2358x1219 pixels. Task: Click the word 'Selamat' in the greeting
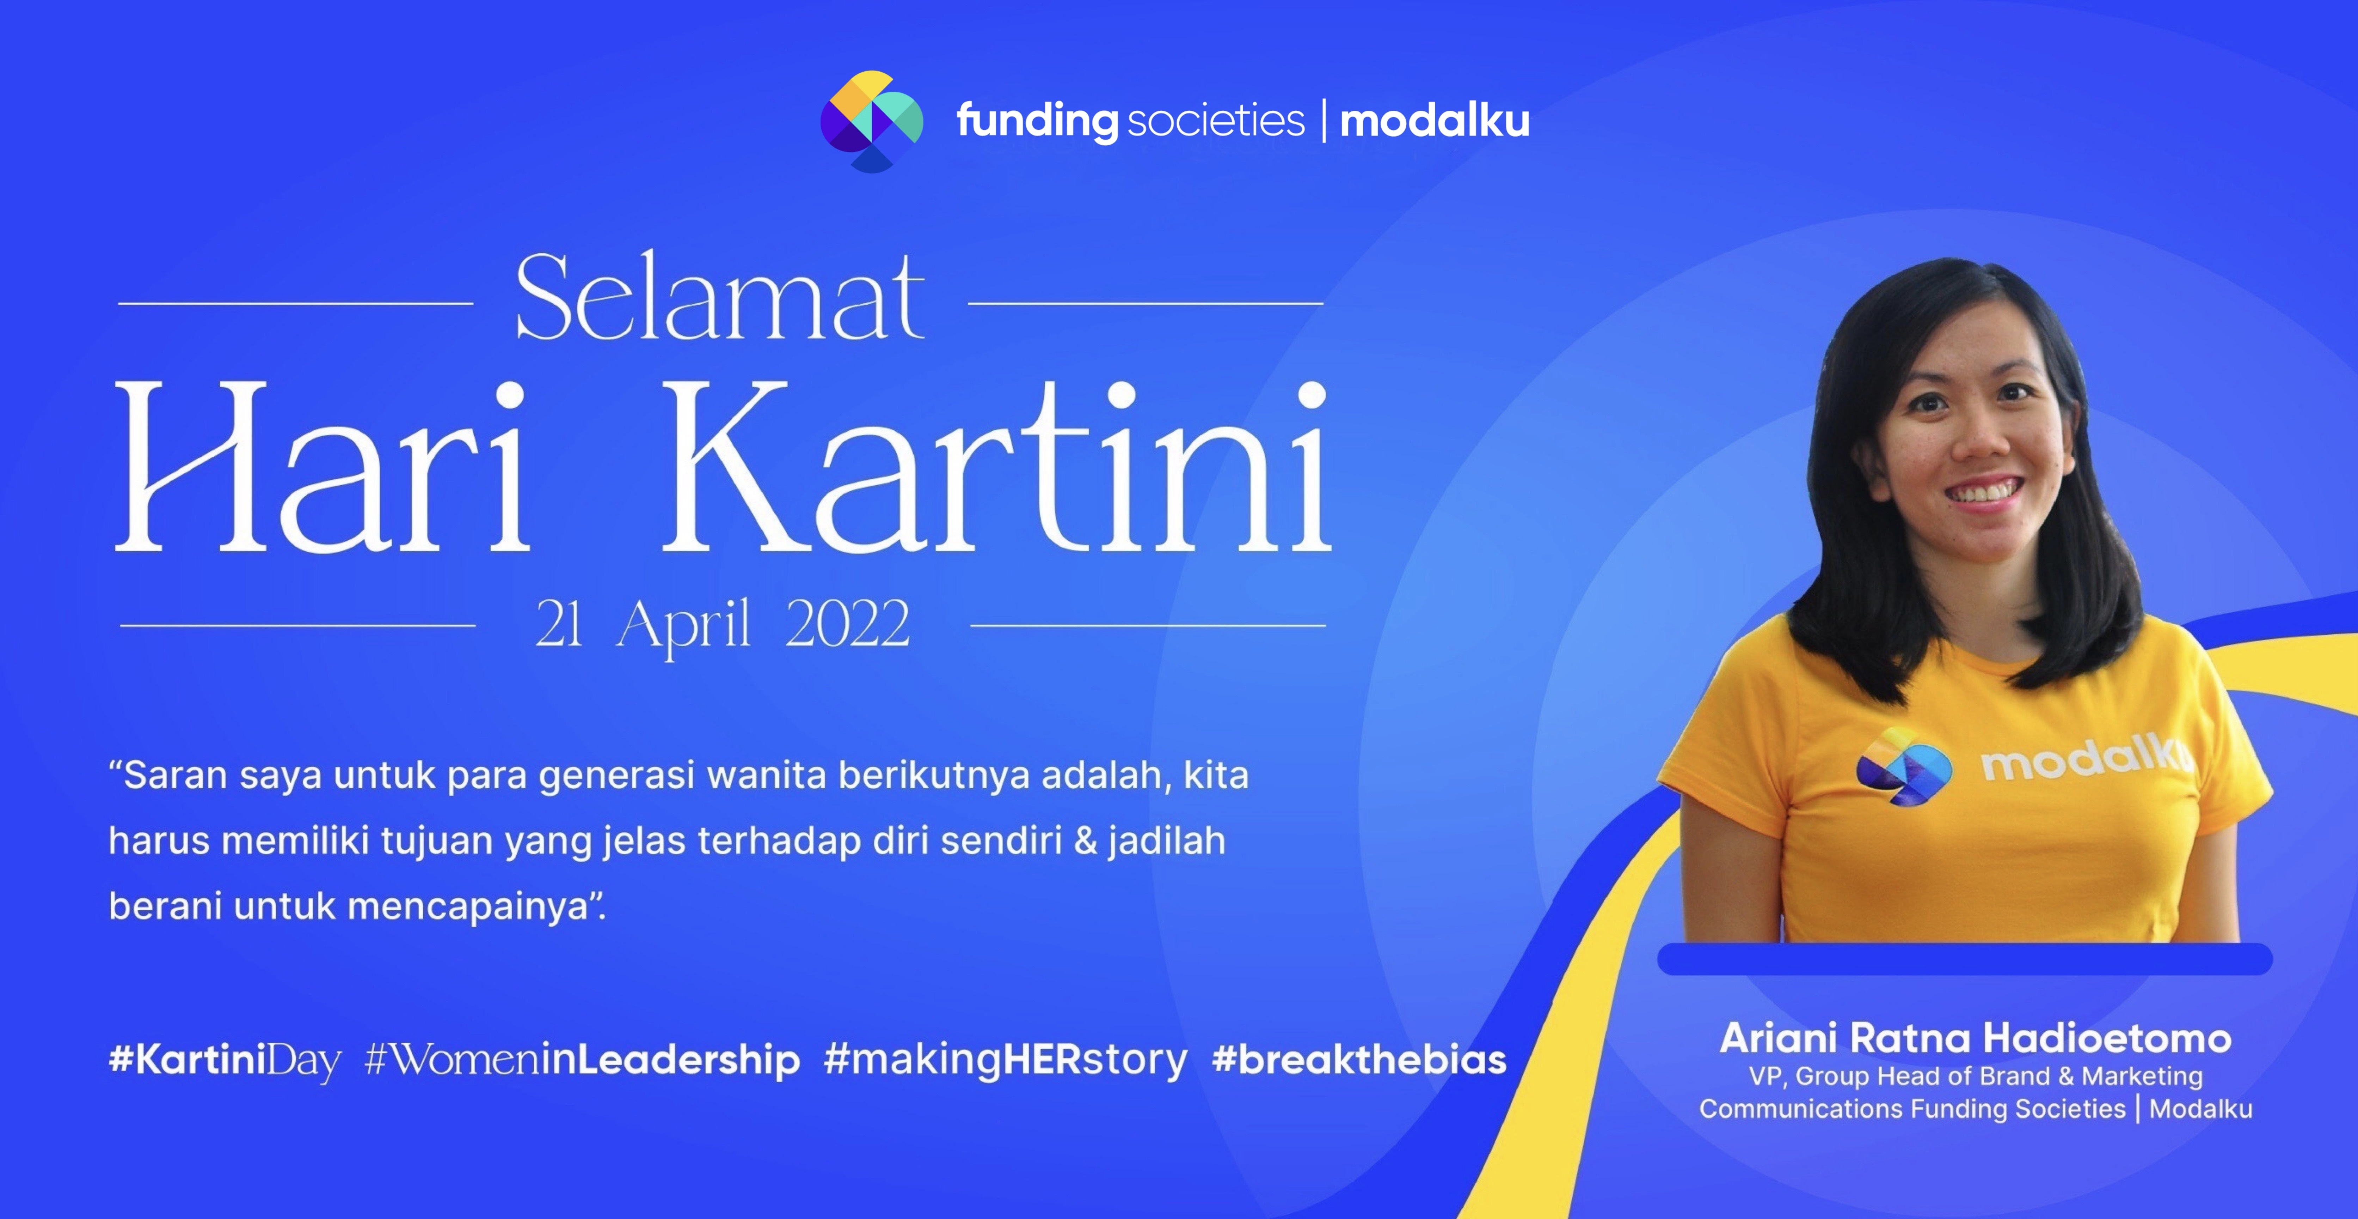[x=720, y=298]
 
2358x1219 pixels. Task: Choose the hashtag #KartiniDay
[x=224, y=1060]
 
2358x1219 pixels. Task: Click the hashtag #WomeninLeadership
[x=582, y=1060]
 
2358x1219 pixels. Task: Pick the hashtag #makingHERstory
[x=1005, y=1060]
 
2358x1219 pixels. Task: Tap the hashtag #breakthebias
[x=1358, y=1060]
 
